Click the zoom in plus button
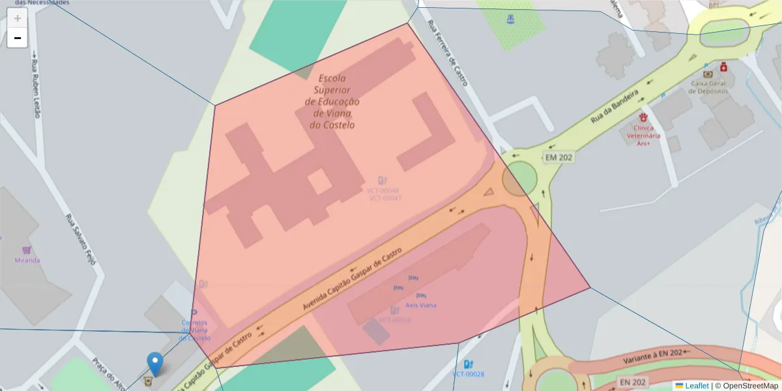click(x=18, y=18)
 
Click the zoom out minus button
click(x=18, y=38)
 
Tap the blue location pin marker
click(x=154, y=363)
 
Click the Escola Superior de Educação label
click(x=332, y=101)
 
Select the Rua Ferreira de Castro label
click(x=448, y=52)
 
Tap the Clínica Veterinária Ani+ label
click(x=643, y=136)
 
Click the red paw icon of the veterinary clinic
click(x=644, y=117)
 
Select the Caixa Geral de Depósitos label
click(x=708, y=87)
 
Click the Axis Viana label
click(x=421, y=305)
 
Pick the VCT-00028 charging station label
click(x=469, y=374)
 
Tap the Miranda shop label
click(x=27, y=260)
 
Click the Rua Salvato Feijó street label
click(x=81, y=239)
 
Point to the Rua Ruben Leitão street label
click(x=36, y=88)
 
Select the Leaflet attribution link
click(x=696, y=386)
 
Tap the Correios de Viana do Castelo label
click(x=195, y=330)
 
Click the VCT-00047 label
click(x=384, y=197)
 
